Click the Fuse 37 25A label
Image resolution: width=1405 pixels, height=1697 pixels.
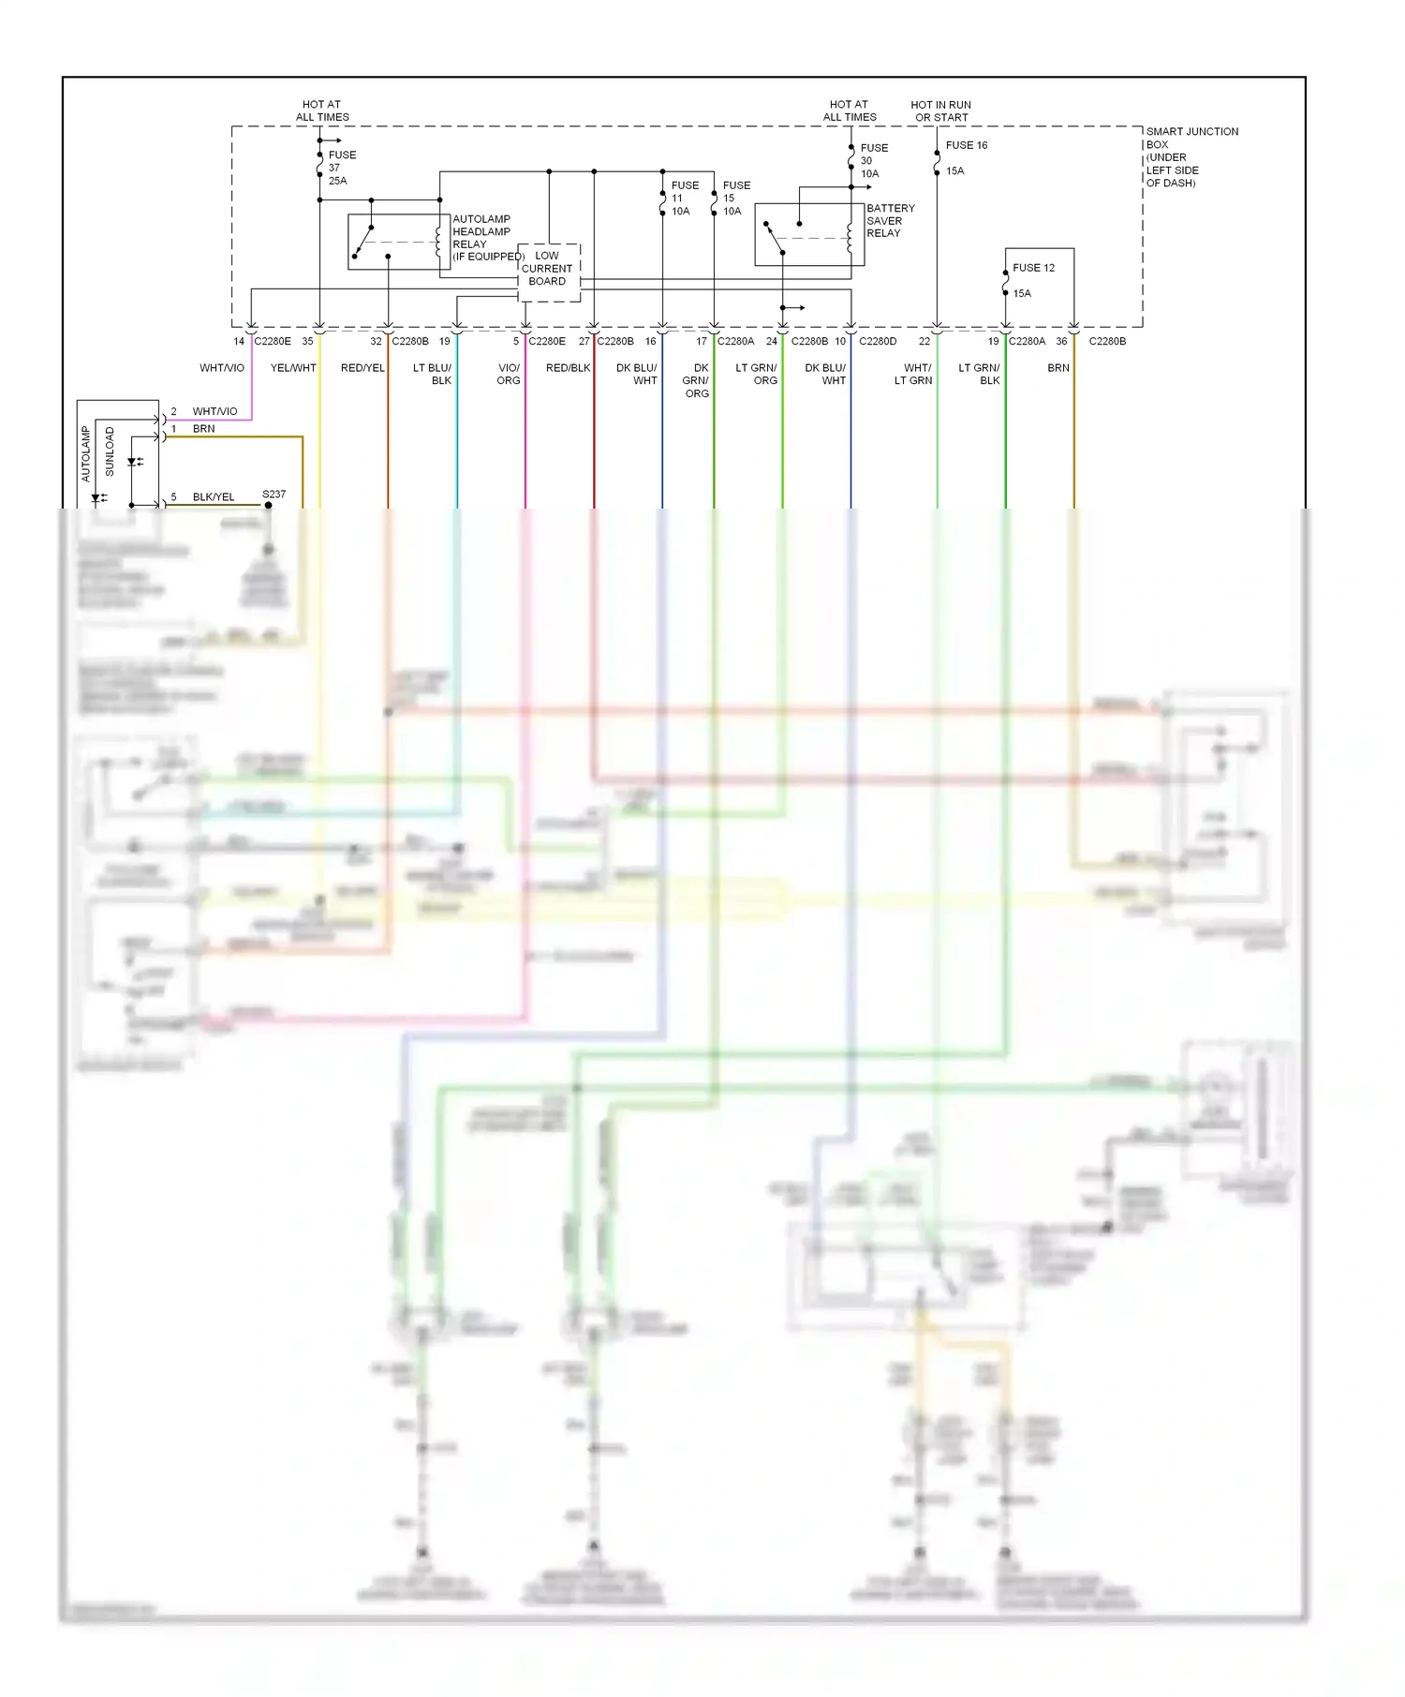pyautogui.click(x=341, y=168)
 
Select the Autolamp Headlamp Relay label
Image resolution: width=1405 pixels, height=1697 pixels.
pyautogui.click(x=482, y=238)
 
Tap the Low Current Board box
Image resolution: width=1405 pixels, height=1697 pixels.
pyautogui.click(x=548, y=272)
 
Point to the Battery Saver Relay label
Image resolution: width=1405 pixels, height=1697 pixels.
pyautogui.click(x=890, y=221)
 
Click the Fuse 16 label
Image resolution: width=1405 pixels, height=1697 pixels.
pyautogui.click(x=966, y=145)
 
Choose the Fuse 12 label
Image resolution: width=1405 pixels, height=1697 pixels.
pyautogui.click(x=1033, y=268)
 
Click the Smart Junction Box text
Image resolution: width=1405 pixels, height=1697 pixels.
pyautogui.click(x=1191, y=156)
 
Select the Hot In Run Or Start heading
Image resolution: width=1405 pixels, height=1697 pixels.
pyautogui.click(x=940, y=111)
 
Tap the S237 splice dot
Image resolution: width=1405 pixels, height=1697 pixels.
pyautogui.click(x=268, y=506)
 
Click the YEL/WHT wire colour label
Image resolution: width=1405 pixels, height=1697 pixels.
pyautogui.click(x=293, y=368)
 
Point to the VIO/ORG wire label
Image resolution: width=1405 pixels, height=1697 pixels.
pyautogui.click(x=509, y=374)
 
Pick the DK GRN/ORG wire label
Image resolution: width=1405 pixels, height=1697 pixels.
pyautogui.click(x=696, y=380)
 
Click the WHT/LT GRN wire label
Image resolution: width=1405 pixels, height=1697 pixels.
pyautogui.click(x=913, y=374)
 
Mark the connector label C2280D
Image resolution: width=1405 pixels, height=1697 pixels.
pyautogui.click(x=878, y=342)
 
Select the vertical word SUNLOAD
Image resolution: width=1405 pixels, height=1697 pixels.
pyautogui.click(x=110, y=452)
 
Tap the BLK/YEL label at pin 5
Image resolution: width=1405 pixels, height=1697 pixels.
pyautogui.click(x=214, y=497)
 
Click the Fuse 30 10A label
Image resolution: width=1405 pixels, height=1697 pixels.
pyautogui.click(x=873, y=160)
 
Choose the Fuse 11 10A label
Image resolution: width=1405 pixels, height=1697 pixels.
pyautogui.click(x=684, y=199)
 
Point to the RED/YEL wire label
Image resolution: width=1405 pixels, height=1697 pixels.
pyautogui.click(x=362, y=368)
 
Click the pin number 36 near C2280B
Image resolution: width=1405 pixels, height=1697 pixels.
pyautogui.click(x=1061, y=342)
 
